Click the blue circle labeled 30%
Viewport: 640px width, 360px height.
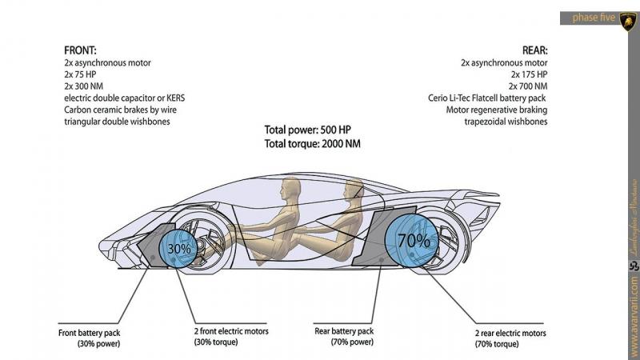click(x=180, y=249)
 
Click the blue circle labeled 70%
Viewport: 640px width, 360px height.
click(x=414, y=238)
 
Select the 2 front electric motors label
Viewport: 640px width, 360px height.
click(x=230, y=337)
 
